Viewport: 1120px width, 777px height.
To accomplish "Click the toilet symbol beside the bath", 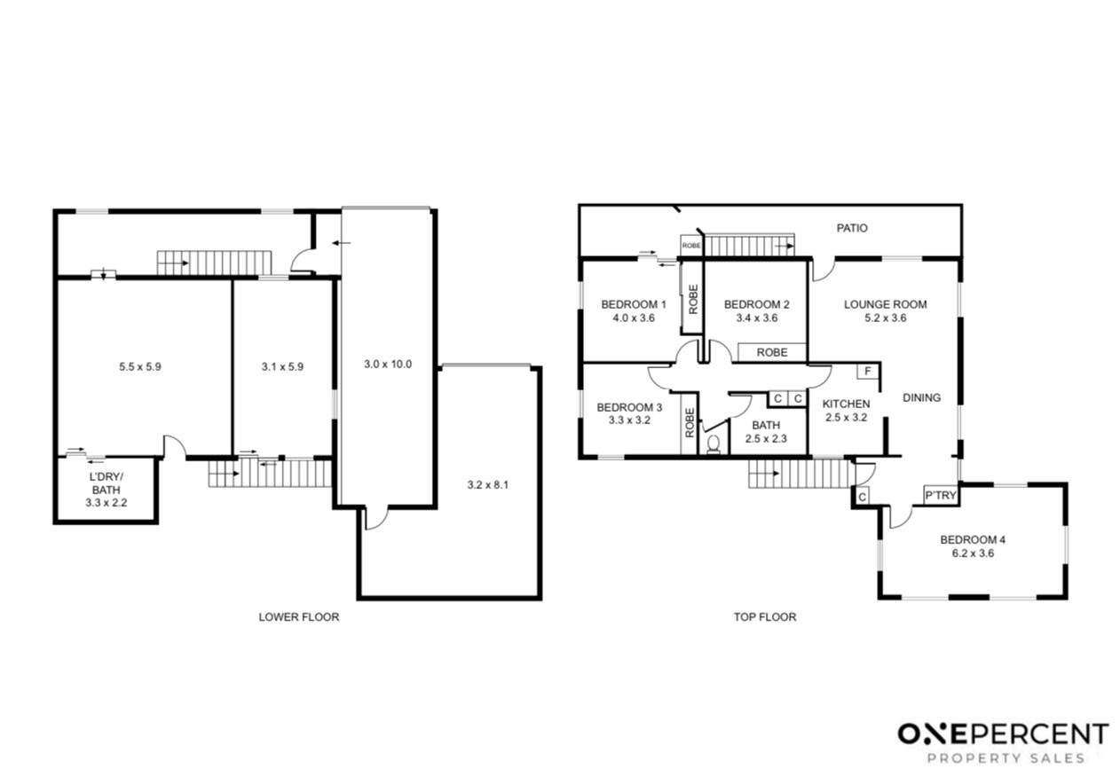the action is pyautogui.click(x=714, y=443).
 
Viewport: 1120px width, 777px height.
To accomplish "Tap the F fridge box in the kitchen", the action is pyautogui.click(x=868, y=371).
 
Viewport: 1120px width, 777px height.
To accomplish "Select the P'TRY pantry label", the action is pyautogui.click(x=941, y=495).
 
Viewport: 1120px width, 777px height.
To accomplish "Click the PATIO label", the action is pyautogui.click(x=852, y=228).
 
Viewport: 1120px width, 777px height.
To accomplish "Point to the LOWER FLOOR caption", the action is pyautogui.click(x=299, y=617).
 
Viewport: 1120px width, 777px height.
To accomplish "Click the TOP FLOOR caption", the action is pyautogui.click(x=765, y=617).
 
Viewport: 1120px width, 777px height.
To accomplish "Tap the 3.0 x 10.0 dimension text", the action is pyautogui.click(x=388, y=365).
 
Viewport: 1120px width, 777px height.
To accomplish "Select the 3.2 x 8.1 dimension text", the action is pyautogui.click(x=488, y=484).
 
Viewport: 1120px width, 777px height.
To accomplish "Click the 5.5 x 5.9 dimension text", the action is pyautogui.click(x=140, y=366).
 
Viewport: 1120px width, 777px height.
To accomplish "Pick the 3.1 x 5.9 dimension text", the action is pyautogui.click(x=282, y=366).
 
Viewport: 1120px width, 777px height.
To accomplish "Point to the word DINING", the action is pyautogui.click(x=921, y=397).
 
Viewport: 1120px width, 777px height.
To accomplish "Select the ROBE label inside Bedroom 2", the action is pyautogui.click(x=772, y=352).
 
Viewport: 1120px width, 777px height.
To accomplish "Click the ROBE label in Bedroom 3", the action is pyautogui.click(x=690, y=423).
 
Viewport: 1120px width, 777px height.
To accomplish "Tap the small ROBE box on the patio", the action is pyautogui.click(x=691, y=246).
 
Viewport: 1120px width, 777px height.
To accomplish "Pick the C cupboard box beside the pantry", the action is pyautogui.click(x=863, y=498).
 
